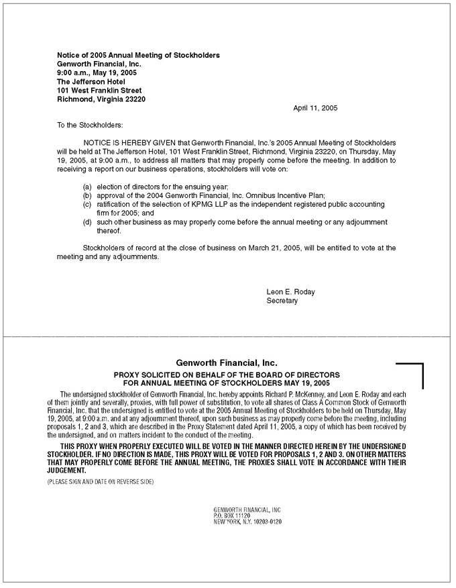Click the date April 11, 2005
[316, 108]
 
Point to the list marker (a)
[87, 186]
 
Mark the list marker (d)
[87, 222]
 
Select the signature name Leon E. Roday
[290, 292]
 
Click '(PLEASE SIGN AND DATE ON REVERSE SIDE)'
[101, 482]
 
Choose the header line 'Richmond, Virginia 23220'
[101, 99]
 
